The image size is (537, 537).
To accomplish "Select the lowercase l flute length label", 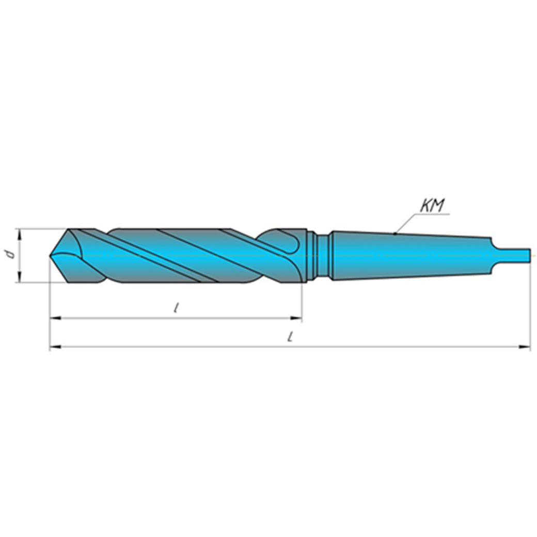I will [x=177, y=308].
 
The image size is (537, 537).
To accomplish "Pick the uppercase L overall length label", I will [x=291, y=337].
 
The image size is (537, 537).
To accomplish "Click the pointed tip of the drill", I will [x=51, y=255].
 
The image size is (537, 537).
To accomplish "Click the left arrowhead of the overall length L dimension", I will [x=54, y=347].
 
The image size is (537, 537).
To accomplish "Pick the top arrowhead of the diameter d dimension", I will [x=20, y=233].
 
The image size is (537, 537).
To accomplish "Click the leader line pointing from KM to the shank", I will [x=408, y=223].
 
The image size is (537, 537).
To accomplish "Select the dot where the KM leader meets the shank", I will [x=396, y=234].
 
